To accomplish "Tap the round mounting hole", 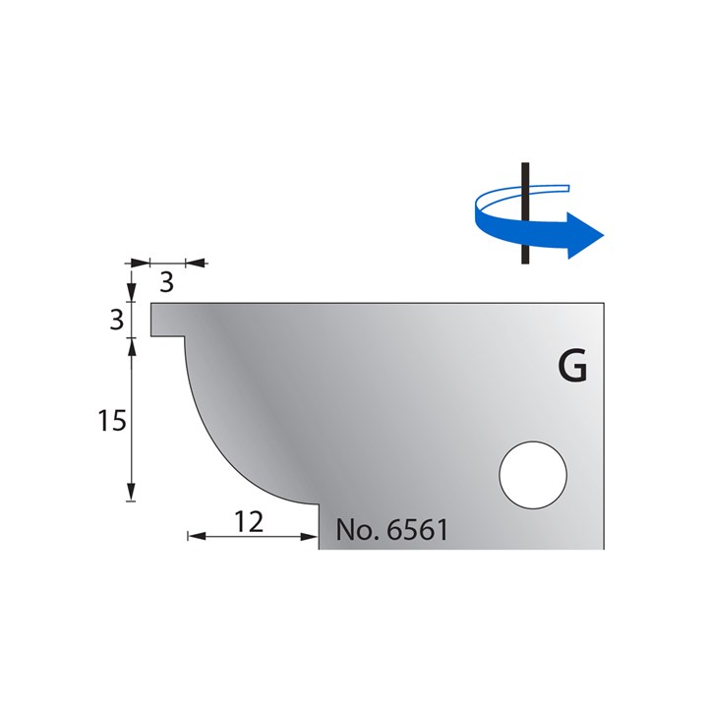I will (x=533, y=474).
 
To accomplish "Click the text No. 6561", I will (x=391, y=530).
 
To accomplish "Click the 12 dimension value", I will (x=250, y=521).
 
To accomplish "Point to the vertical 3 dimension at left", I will (x=116, y=319).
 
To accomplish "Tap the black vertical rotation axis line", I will (x=527, y=212).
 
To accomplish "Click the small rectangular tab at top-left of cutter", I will (x=166, y=321).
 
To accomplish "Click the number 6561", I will (x=417, y=530).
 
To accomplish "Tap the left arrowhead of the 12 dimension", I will (x=194, y=536).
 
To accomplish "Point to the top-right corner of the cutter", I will (x=603, y=304).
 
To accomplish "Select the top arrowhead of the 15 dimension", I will (x=132, y=346).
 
